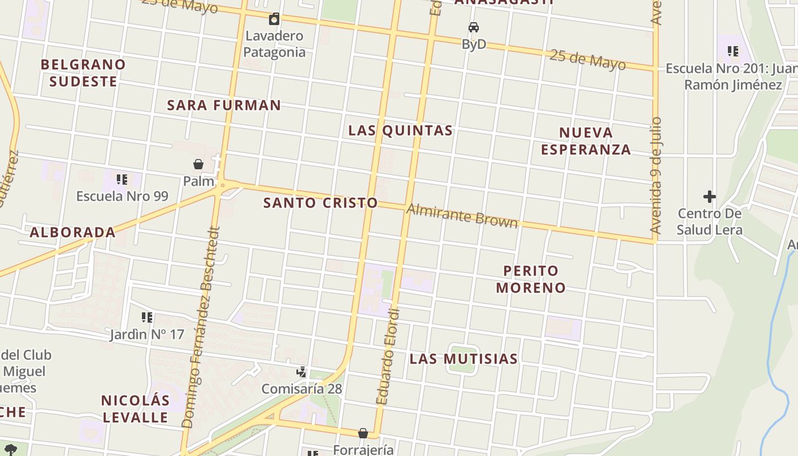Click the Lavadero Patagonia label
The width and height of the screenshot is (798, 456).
click(275, 44)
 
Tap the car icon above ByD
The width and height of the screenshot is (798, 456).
click(474, 27)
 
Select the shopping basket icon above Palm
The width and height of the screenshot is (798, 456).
click(198, 165)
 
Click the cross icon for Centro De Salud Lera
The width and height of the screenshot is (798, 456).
click(709, 197)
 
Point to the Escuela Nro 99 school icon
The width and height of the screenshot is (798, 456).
click(121, 180)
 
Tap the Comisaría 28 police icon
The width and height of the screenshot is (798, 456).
click(302, 372)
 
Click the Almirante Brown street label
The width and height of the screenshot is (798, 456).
click(462, 216)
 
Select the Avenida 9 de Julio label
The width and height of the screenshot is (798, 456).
click(656, 176)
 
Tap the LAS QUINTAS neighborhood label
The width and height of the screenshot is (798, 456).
click(401, 131)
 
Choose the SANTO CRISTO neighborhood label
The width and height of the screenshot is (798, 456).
click(320, 203)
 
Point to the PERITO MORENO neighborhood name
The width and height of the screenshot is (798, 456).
click(531, 279)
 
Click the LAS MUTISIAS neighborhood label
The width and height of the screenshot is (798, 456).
click(464, 359)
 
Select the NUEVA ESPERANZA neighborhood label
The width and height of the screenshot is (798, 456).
click(586, 141)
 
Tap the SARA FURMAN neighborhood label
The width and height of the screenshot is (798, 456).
click(224, 105)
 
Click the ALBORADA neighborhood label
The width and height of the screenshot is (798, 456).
click(72, 233)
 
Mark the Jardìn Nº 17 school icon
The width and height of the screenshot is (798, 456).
click(147, 317)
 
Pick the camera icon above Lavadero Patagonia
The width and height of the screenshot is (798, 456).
click(274, 19)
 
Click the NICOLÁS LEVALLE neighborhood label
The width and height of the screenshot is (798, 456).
click(135, 409)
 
